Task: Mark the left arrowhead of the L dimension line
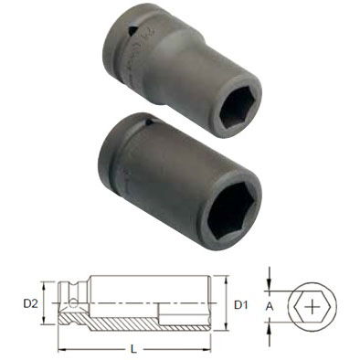point(61,348)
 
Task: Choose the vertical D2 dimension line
point(41,302)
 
